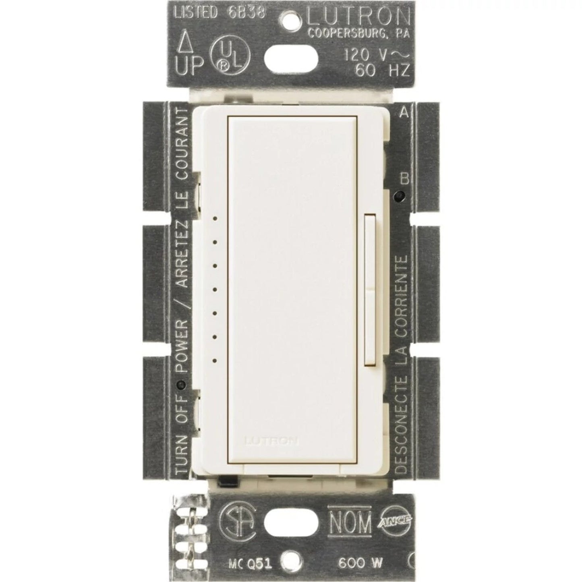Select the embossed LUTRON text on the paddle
coord(271,441)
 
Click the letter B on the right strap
coord(404,179)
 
